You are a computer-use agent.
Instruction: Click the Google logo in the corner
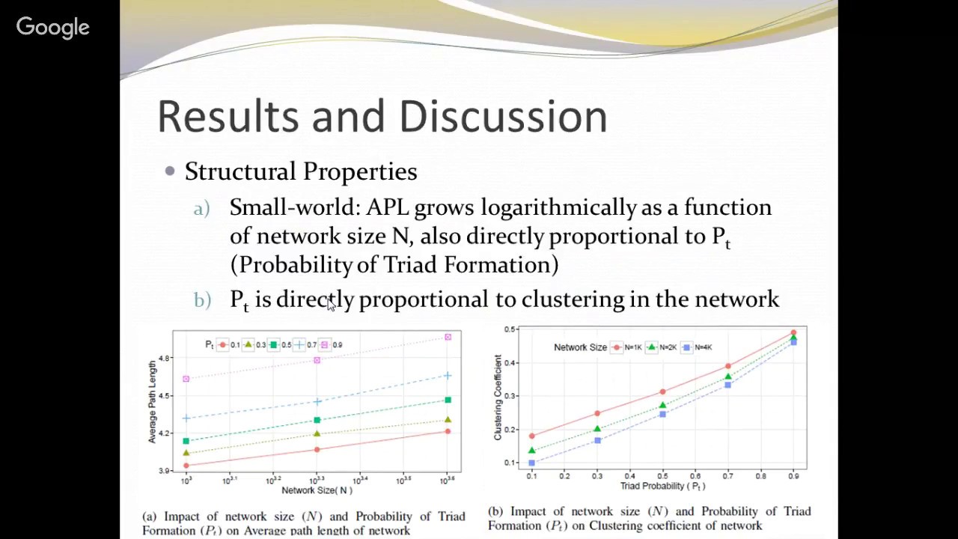pyautogui.click(x=52, y=28)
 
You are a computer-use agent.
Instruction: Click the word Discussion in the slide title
pyautogui.click(x=502, y=117)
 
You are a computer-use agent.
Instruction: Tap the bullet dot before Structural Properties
pyautogui.click(x=170, y=171)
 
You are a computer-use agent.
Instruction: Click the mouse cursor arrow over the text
pyautogui.click(x=331, y=302)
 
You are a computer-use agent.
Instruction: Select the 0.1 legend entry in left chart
pyautogui.click(x=228, y=345)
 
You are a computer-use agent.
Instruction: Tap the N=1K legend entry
pyautogui.click(x=626, y=347)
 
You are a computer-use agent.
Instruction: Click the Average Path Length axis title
pyautogui.click(x=153, y=401)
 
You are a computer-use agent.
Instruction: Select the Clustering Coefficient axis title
pyautogui.click(x=498, y=397)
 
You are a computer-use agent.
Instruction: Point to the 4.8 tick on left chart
pyautogui.click(x=165, y=359)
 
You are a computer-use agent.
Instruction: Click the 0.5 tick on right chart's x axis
pyautogui.click(x=662, y=476)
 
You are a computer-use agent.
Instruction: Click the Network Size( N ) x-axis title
pyautogui.click(x=316, y=490)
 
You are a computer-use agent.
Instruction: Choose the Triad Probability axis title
pyautogui.click(x=662, y=486)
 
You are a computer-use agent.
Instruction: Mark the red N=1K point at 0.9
pyautogui.click(x=793, y=333)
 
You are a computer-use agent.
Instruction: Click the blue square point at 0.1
pyautogui.click(x=532, y=463)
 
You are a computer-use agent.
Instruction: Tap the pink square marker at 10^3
pyautogui.click(x=186, y=379)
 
